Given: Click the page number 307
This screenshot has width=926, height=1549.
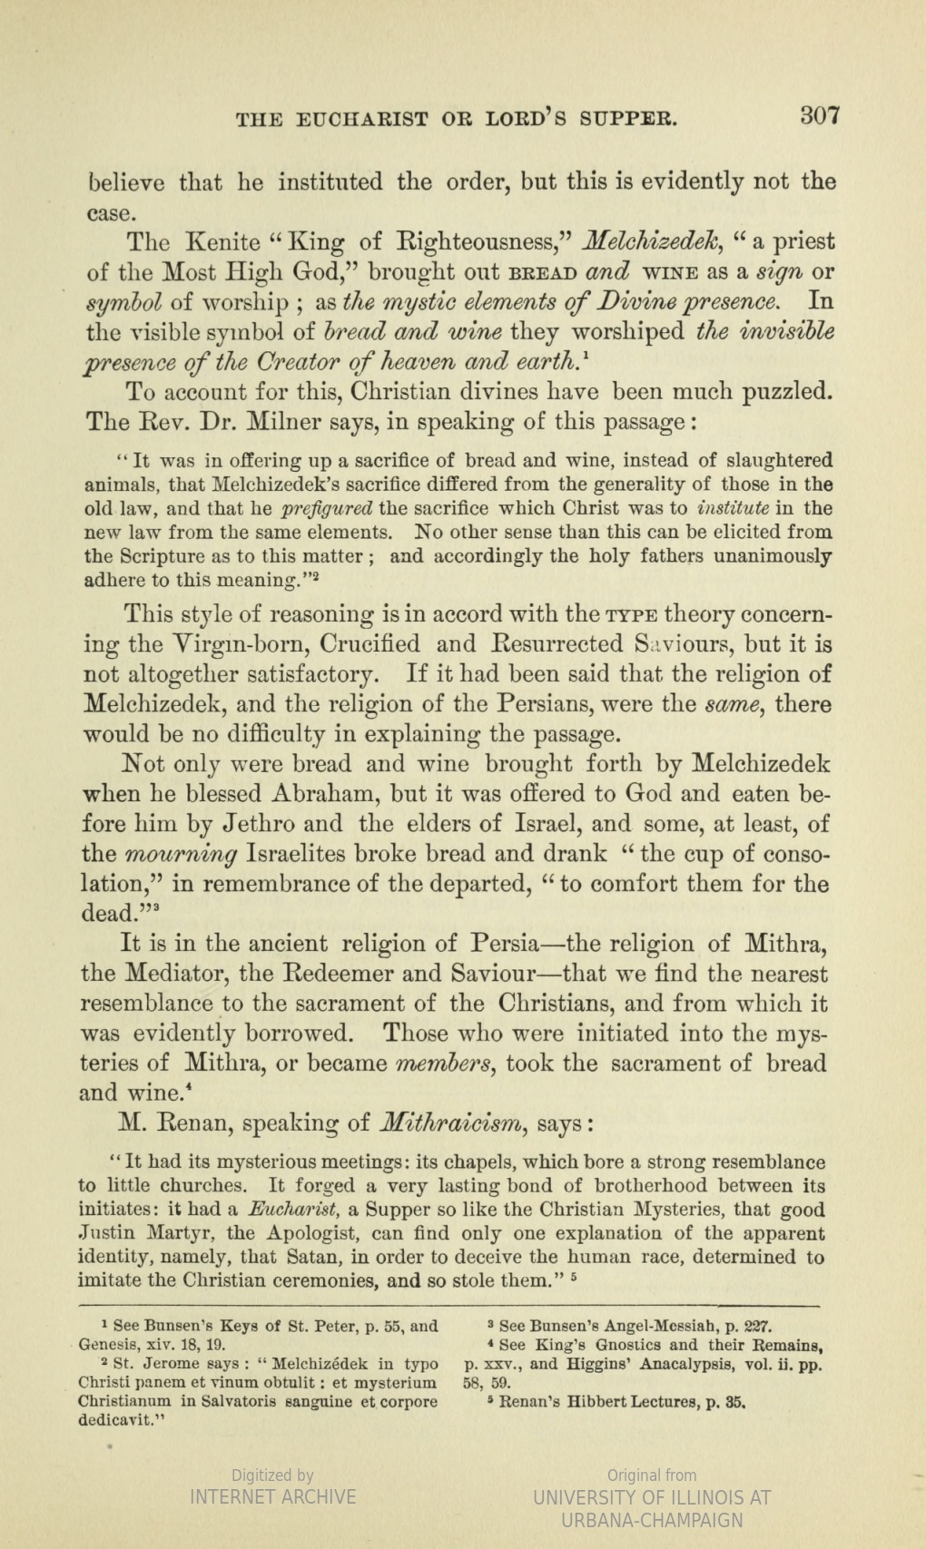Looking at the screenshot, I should click(821, 116).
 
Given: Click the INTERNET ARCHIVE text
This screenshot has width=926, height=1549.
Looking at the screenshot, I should click(272, 1497).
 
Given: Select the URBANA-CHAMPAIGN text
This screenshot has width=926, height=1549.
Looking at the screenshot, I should click(653, 1520).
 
